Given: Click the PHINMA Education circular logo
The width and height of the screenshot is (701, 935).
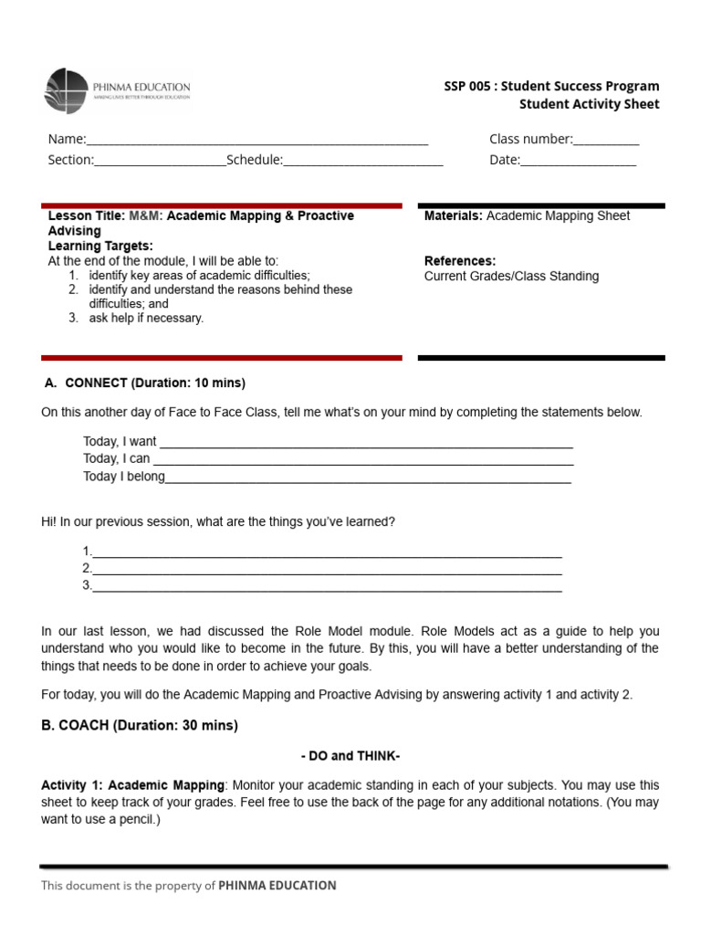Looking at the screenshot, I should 68,91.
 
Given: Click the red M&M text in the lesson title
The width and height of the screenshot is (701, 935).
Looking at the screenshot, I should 145,216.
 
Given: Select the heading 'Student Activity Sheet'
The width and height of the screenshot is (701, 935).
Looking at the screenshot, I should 589,104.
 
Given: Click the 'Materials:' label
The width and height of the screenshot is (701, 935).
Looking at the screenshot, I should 454,216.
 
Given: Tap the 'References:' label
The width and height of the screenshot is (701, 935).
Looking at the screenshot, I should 460,261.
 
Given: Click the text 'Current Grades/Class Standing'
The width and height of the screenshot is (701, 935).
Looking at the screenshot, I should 511,276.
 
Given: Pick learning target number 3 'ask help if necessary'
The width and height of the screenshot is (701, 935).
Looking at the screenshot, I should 146,319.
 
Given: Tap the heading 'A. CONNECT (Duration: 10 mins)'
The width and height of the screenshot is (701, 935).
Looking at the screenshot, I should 145,383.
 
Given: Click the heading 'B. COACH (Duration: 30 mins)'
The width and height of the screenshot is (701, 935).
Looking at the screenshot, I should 140,726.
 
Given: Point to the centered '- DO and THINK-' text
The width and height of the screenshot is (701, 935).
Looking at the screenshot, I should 350,756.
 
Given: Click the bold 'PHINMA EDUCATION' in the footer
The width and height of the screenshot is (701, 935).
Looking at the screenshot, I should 277,885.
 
